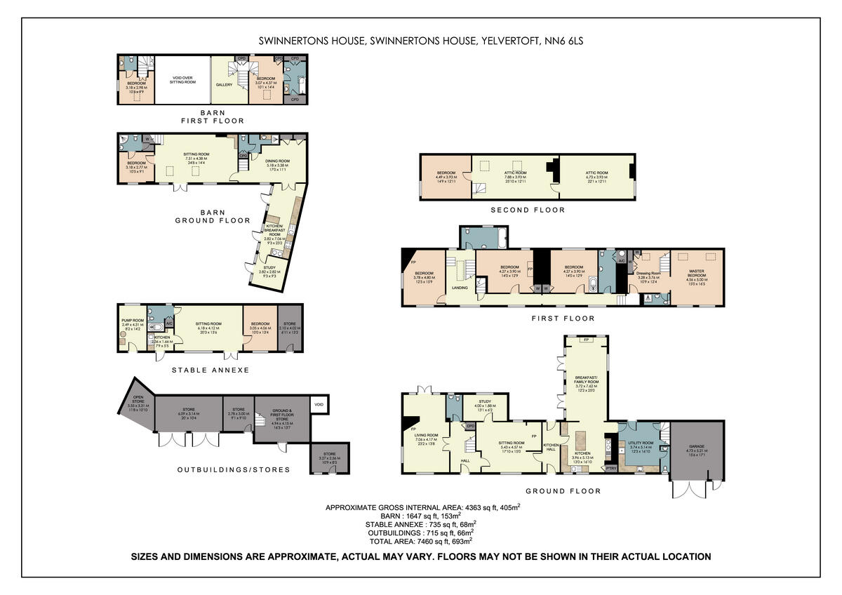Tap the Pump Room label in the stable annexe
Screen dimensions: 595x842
(132, 323)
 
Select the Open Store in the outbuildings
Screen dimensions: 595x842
(137, 406)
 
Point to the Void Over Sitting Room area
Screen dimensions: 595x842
(182, 80)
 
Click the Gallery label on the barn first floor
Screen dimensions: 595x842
(224, 84)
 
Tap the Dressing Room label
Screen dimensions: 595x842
(649, 275)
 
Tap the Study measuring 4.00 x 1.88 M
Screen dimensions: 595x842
(485, 404)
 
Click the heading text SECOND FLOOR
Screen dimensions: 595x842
(527, 210)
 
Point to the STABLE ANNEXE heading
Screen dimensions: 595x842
(210, 370)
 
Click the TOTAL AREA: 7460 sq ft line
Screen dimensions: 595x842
(421, 541)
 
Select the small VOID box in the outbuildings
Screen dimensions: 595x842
(319, 404)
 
